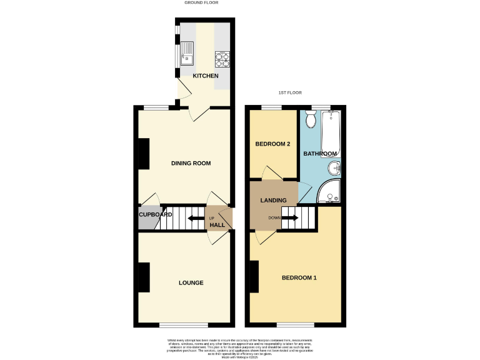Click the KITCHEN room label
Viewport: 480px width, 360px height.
[205, 76]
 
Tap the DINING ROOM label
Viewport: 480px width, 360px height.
[191, 163]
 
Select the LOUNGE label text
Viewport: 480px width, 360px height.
[191, 282]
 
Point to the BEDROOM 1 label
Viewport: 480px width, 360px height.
[299, 277]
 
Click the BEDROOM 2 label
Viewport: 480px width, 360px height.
[272, 144]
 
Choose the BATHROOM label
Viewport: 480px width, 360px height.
[320, 154]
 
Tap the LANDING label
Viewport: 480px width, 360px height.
[274, 200]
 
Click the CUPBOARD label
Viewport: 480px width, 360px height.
[155, 214]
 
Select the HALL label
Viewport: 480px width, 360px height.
[217, 225]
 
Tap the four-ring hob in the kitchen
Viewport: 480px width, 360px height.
[222, 58]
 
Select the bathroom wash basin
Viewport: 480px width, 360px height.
[334, 167]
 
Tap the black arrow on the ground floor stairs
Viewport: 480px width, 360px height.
[196, 219]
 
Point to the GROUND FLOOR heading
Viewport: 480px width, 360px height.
[201, 2]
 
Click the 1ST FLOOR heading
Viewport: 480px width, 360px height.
[290, 92]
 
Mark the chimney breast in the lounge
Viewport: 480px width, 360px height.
[144, 277]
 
